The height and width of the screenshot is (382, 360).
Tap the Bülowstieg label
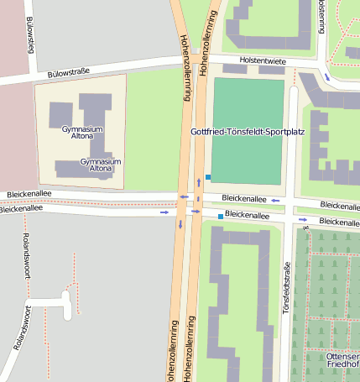point(30,35)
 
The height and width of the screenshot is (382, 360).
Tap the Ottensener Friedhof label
point(342,360)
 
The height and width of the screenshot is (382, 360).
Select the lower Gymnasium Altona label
point(101,165)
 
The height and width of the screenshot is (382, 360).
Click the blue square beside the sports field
point(208,175)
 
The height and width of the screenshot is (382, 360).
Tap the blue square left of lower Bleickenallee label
point(221,217)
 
